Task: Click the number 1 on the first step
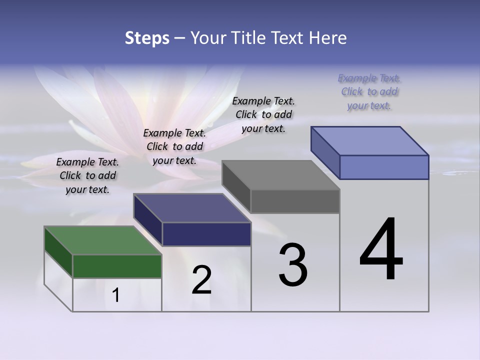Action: pos(116,295)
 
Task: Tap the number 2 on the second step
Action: pos(201,280)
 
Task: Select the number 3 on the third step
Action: pos(292,265)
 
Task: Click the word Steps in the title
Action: pos(147,38)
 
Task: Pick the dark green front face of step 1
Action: pos(117,266)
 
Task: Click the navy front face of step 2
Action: pos(206,234)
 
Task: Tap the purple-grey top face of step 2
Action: pos(192,207)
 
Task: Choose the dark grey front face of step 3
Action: pos(295,201)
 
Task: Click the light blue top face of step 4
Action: pos(370,140)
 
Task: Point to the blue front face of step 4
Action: pos(384,167)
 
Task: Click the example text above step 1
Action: pos(87,175)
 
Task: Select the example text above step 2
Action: pos(174,146)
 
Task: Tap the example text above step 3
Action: pos(263,114)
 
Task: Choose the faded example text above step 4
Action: pos(369,91)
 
